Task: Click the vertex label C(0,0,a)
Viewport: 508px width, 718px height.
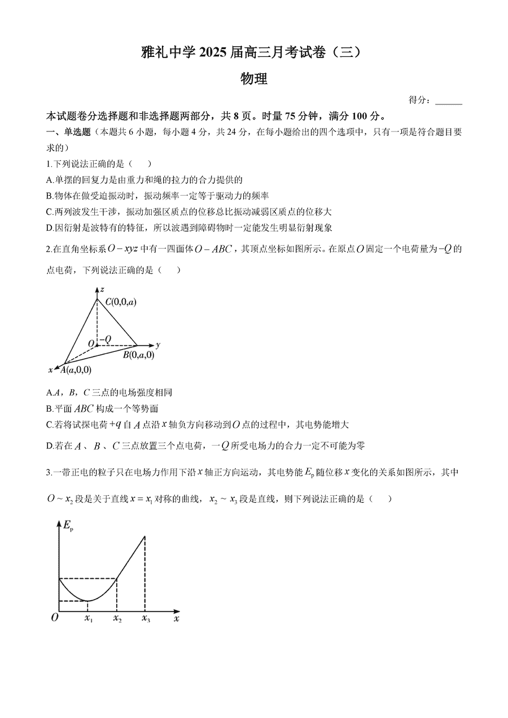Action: [x=120, y=302]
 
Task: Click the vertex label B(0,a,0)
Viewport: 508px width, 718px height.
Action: [x=138, y=355]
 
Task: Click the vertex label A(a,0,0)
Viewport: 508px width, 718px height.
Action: [x=75, y=370]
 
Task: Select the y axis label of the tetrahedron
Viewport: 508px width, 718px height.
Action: [x=159, y=344]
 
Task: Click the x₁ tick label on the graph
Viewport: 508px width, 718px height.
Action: [x=88, y=619]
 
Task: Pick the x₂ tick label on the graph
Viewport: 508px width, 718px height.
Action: [x=117, y=619]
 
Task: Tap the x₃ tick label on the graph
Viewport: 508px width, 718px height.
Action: [x=146, y=619]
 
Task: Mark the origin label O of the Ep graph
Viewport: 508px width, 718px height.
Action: [x=55, y=618]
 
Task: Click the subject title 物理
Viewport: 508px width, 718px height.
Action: [x=253, y=79]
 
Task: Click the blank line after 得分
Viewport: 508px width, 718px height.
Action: [x=449, y=101]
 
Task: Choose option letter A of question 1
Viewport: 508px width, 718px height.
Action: [x=49, y=180]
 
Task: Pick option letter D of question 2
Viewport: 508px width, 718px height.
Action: [x=49, y=446]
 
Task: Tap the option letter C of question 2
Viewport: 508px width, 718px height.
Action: [x=49, y=425]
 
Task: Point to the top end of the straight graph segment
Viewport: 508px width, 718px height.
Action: [x=145, y=536]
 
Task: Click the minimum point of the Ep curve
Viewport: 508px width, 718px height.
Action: [x=87, y=601]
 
